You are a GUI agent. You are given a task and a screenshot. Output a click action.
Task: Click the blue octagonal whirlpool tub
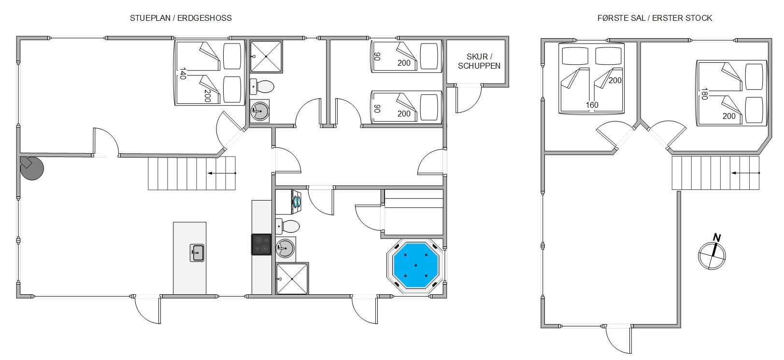(415, 265)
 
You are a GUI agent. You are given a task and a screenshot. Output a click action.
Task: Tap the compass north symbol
(712, 253)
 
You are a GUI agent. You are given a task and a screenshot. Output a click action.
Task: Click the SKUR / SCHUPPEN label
(479, 61)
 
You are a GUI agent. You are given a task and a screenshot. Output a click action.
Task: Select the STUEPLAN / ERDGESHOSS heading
(181, 18)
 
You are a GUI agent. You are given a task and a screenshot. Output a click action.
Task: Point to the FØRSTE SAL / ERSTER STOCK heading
(655, 18)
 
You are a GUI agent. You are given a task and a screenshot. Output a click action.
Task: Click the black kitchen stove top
(261, 245)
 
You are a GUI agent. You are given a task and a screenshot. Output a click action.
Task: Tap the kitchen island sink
(197, 253)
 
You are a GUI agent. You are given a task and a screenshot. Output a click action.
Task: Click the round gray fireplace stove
(31, 168)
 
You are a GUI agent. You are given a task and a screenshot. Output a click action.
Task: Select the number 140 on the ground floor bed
(183, 73)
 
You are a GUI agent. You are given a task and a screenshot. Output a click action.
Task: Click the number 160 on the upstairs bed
(592, 105)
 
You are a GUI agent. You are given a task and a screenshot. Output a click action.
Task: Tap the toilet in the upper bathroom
(262, 86)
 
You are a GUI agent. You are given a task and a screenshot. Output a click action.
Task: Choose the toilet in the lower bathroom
(287, 226)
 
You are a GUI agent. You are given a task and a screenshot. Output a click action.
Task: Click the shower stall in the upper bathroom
(266, 57)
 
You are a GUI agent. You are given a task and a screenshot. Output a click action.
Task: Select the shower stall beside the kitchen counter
(292, 278)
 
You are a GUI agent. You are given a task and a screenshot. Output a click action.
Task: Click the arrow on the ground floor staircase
(222, 173)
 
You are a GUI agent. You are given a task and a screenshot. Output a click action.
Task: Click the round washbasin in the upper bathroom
(260, 111)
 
